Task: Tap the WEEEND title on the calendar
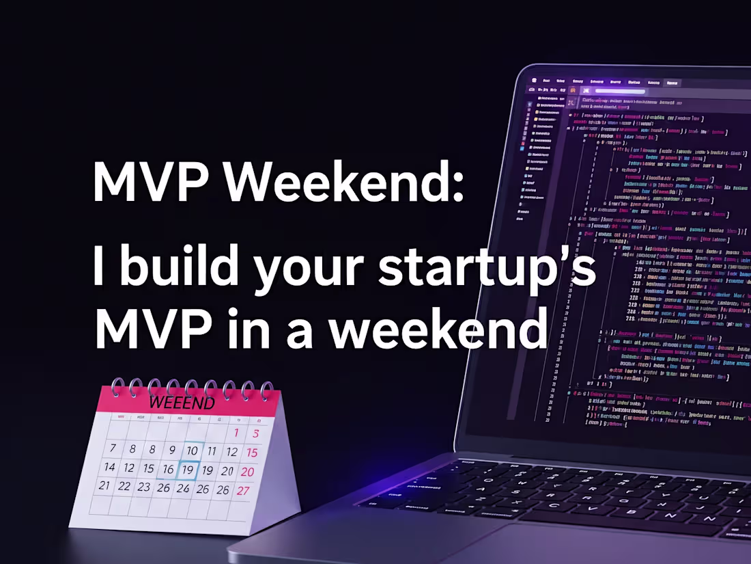181,402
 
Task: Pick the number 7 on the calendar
113,448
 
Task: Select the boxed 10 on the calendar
193,451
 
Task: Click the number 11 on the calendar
212,451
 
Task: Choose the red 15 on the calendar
252,453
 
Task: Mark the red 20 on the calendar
248,472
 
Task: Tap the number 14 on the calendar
109,467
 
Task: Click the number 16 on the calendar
168,470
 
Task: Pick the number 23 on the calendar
143,487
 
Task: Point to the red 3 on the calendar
255,433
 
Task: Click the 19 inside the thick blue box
188,470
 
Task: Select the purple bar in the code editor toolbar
620,91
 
